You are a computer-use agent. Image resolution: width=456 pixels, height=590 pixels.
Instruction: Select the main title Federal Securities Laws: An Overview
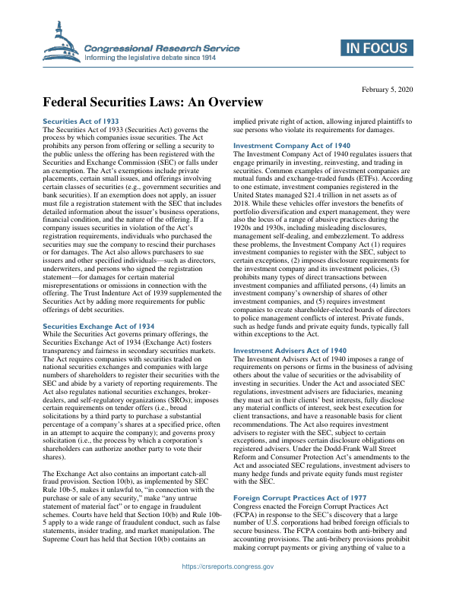coord(152,103)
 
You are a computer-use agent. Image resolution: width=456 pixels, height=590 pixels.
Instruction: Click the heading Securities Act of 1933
coord(80,121)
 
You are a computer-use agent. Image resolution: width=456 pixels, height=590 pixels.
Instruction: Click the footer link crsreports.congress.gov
coord(228,566)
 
